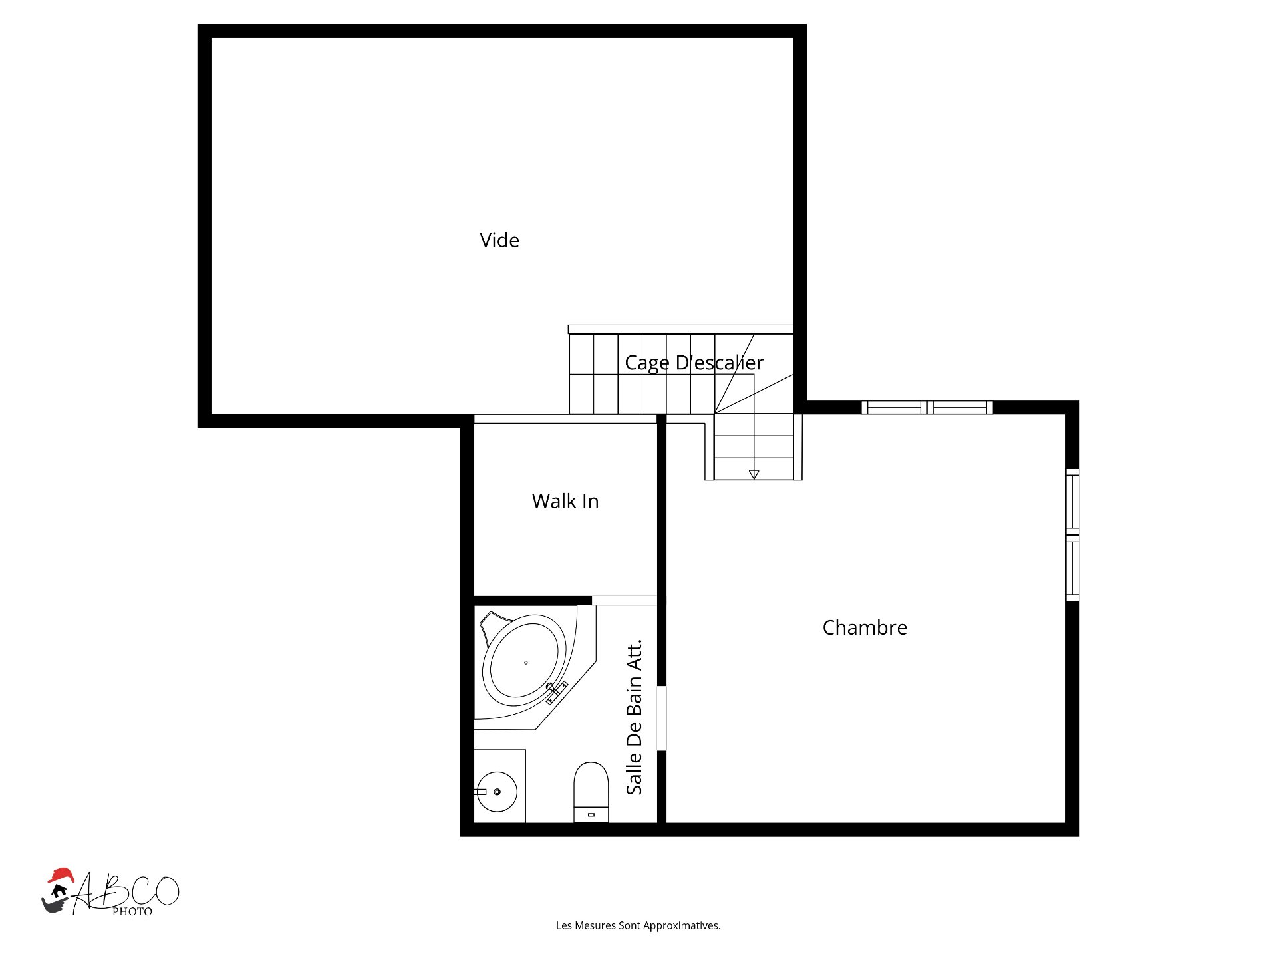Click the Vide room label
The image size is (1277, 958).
(499, 240)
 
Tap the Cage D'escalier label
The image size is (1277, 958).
(694, 363)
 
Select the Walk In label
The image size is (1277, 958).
(565, 501)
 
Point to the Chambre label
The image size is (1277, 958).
(864, 627)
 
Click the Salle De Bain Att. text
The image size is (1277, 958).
(635, 717)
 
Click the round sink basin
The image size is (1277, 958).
(497, 792)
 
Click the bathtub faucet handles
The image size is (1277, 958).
(556, 692)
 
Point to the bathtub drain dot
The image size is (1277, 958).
(526, 663)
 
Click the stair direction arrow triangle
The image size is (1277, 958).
(754, 474)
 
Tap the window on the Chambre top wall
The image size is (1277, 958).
(926, 407)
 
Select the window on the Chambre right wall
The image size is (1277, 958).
(1072, 534)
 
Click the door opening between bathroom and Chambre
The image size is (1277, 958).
(662, 718)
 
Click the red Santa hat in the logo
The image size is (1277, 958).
(61, 875)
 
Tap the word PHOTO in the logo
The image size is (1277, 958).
(132, 912)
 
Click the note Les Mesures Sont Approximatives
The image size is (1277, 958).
(638, 925)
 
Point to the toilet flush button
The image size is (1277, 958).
(591, 815)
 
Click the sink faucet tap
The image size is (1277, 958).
(481, 792)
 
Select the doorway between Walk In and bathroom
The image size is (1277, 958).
(624, 601)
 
